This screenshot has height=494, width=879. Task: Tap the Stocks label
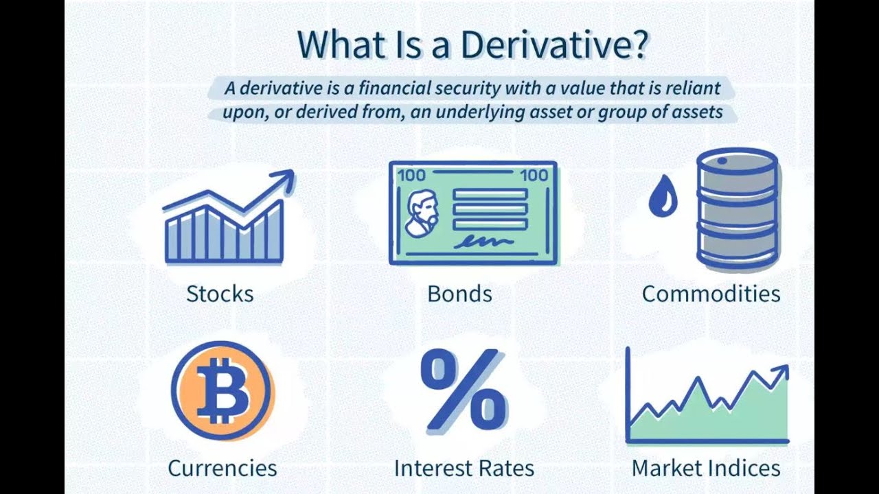(220, 294)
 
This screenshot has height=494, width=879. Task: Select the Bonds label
(459, 294)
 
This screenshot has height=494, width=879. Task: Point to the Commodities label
(711, 294)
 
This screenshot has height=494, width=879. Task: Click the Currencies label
(222, 468)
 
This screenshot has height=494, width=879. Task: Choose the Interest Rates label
(464, 468)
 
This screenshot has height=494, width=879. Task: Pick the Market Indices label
(706, 468)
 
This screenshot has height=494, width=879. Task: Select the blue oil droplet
(663, 197)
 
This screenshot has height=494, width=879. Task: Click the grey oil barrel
(738, 209)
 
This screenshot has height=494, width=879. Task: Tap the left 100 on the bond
(411, 175)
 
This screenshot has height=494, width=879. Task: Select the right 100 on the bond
(534, 175)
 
